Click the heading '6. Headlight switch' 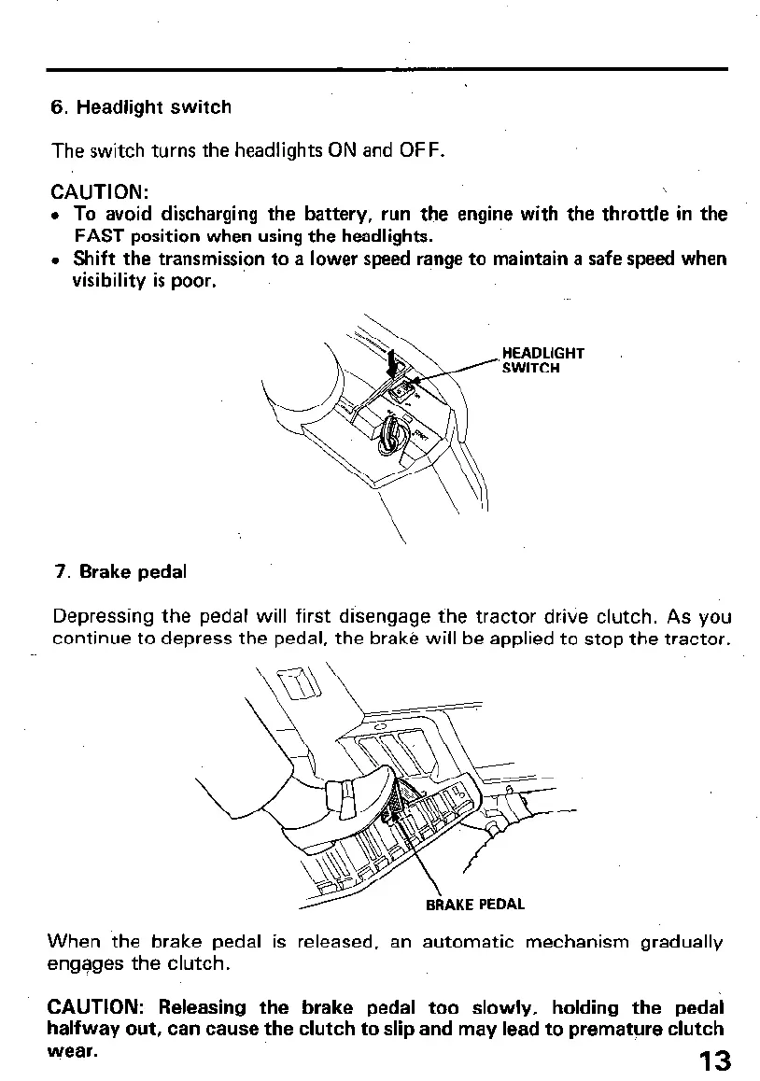[x=141, y=107]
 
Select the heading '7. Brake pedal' [x=120, y=572]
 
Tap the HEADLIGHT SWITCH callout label [x=542, y=360]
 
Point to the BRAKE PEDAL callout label [x=474, y=904]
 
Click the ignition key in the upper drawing [x=388, y=436]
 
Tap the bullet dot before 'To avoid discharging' [x=57, y=215]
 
